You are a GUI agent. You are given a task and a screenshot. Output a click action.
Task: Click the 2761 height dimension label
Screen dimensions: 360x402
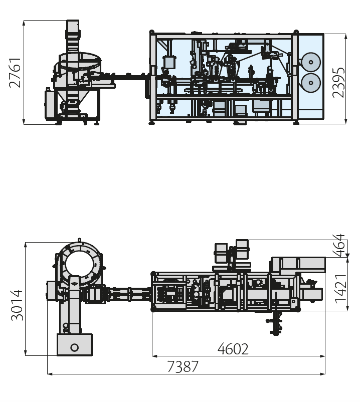point(15,73)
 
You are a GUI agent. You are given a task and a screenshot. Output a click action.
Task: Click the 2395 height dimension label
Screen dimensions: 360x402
point(338,83)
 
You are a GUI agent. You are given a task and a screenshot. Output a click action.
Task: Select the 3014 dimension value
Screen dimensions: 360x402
point(17,305)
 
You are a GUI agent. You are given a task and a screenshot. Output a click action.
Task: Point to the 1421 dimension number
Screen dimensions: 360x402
point(341,289)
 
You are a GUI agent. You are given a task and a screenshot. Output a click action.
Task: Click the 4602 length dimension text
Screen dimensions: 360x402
point(233,349)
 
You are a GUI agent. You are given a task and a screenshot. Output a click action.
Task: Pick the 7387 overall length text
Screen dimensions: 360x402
point(183,366)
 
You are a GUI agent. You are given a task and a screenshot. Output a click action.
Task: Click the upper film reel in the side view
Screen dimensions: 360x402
point(310,62)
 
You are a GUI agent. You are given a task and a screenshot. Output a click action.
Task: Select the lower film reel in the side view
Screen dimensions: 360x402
point(310,83)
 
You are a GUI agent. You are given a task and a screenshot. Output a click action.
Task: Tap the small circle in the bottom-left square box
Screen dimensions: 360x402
point(75,348)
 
